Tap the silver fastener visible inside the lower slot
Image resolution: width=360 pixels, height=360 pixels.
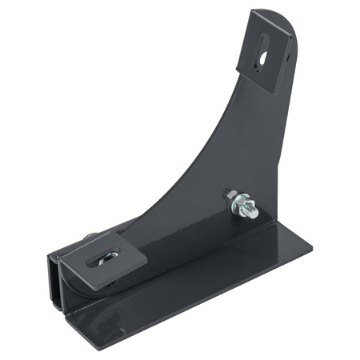click(105, 257)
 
